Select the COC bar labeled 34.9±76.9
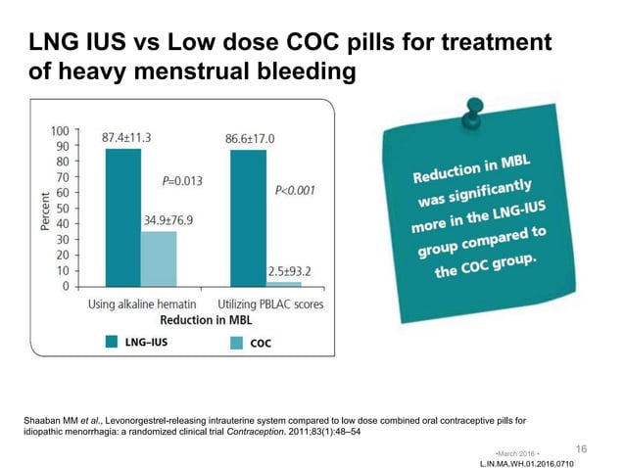point(158,259)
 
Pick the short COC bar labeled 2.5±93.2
point(284,284)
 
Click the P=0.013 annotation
point(182,180)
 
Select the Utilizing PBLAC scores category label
point(268,304)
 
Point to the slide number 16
point(582,447)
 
